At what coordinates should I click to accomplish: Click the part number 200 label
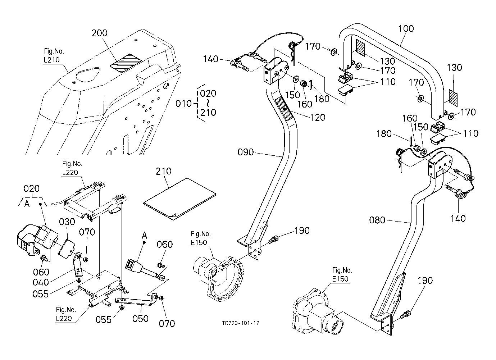click(x=99, y=33)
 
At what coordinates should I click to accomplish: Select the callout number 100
click(x=406, y=29)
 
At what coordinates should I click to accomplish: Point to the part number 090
click(x=246, y=152)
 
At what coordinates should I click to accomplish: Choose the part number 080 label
click(x=377, y=220)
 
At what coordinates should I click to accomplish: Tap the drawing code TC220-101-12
click(x=240, y=323)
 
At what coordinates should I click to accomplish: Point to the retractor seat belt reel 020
click(x=36, y=237)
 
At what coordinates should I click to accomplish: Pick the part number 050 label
click(x=140, y=319)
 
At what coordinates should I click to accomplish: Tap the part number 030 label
click(x=67, y=222)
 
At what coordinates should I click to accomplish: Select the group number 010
click(x=183, y=104)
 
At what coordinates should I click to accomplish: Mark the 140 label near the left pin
click(x=210, y=59)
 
